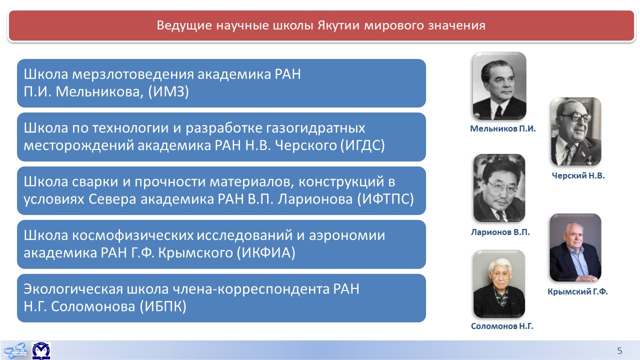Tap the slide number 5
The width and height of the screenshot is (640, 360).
[619, 350]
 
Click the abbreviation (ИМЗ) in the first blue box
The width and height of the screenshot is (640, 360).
[168, 92]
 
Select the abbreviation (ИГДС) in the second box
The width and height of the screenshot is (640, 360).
[362, 145]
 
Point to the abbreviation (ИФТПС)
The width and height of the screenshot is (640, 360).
[385, 199]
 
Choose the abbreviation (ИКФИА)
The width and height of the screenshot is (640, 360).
[265, 253]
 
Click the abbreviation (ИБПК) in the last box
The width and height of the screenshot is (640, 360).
[163, 306]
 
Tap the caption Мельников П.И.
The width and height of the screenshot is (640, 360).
[503, 129]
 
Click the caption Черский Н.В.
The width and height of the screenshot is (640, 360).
[578, 175]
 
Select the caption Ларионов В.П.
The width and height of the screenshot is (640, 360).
[500, 232]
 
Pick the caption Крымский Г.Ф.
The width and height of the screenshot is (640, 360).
[577, 291]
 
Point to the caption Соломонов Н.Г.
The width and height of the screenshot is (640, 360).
[502, 326]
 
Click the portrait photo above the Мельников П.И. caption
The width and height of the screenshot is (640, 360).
[499, 85]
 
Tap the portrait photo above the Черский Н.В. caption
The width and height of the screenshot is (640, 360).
[576, 131]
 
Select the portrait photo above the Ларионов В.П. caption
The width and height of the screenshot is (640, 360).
[499, 188]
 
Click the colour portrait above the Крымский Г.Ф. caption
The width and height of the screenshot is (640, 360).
[575, 247]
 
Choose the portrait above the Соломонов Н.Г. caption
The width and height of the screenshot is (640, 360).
[499, 283]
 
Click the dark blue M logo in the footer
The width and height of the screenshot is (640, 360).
[41, 350]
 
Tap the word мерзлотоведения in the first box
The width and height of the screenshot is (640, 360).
[132, 74]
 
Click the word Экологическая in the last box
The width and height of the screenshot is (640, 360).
[73, 289]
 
